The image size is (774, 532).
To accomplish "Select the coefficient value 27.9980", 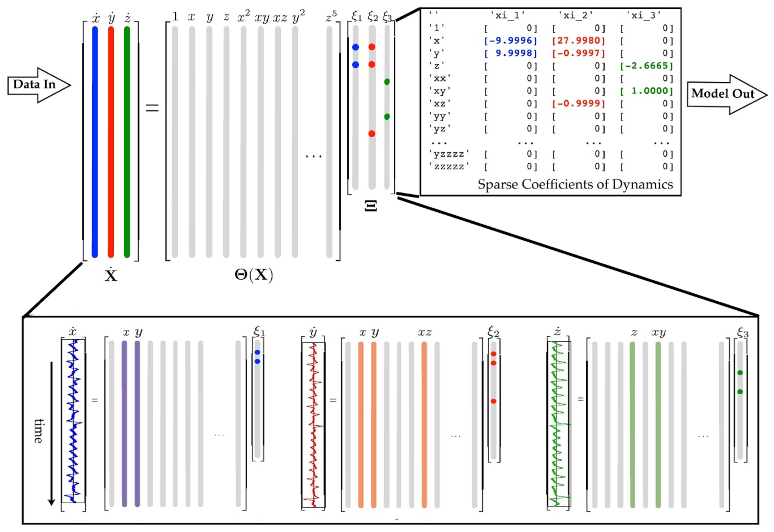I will coord(578,41).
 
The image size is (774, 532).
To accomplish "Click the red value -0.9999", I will coord(578,104).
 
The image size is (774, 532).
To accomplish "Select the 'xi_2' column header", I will coord(576,15).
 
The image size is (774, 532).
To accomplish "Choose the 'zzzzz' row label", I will coord(449,166).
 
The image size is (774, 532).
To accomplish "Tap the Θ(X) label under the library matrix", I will coord(253,275).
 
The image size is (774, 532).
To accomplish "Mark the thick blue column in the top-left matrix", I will coord(95,142).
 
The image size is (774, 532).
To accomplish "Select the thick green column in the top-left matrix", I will coord(127,142).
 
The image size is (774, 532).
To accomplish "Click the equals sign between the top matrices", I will coord(152,108).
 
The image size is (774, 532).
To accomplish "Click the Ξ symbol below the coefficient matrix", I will coord(371,206).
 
